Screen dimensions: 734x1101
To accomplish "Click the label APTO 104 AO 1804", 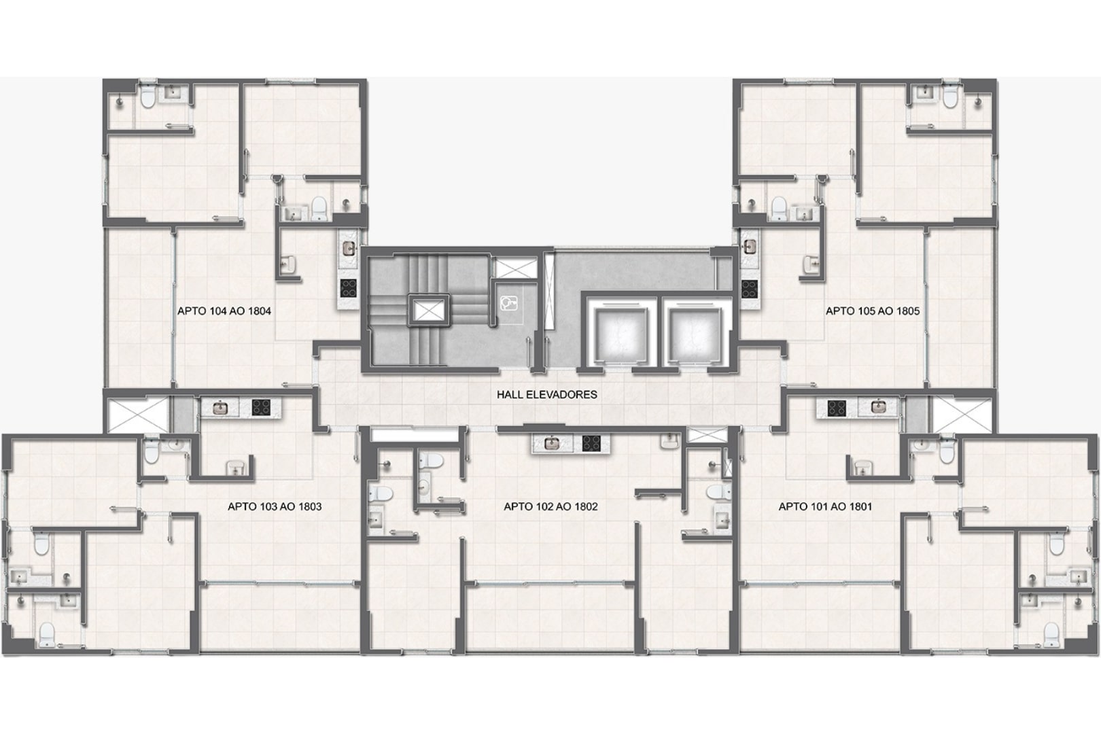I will [224, 311].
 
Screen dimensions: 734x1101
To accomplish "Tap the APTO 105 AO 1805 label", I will [873, 311].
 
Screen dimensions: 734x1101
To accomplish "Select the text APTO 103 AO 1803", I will [275, 506].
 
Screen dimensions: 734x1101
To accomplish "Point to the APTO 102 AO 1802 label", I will [550, 506].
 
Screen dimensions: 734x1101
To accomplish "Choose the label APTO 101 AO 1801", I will [825, 506].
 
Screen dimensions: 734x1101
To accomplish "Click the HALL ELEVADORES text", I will [546, 394].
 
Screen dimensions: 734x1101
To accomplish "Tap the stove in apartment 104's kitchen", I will [349, 288].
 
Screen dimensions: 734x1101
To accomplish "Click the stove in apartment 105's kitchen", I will [749, 288].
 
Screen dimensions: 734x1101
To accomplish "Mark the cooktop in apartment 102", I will [591, 443].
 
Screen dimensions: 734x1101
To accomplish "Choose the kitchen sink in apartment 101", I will [877, 407].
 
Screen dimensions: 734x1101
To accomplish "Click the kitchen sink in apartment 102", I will [553, 443].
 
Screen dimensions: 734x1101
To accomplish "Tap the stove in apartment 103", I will [261, 407].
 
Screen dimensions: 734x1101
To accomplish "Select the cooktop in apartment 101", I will [836, 407].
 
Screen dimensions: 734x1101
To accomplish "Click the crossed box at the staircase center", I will [427, 311].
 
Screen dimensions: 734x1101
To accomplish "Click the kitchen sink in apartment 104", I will [349, 248].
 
